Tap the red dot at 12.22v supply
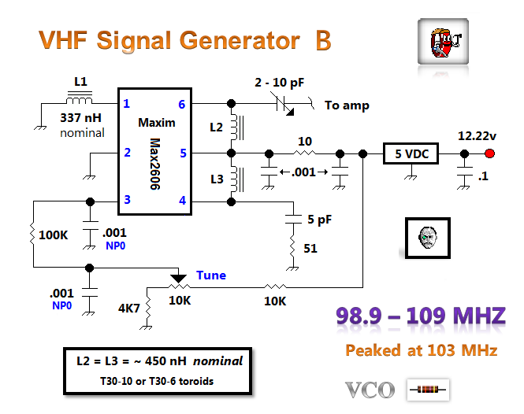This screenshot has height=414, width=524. tap(490, 153)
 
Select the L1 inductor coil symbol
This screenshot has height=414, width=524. tap(79, 101)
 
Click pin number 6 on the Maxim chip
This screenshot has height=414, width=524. tap(182, 104)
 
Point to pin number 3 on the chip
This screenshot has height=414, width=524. tap(126, 201)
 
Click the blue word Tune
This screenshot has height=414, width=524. tap(210, 275)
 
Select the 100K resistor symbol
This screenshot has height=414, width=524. tap(34, 234)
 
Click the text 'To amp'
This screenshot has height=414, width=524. tap(347, 105)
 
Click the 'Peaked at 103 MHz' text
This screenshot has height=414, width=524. tap(421, 350)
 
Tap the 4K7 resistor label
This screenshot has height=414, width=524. tap(128, 309)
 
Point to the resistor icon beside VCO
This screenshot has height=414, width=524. tap(428, 388)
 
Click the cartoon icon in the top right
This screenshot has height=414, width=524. tap(439, 42)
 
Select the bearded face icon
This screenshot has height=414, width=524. tap(428, 236)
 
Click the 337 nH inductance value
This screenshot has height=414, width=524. tap(82, 119)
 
